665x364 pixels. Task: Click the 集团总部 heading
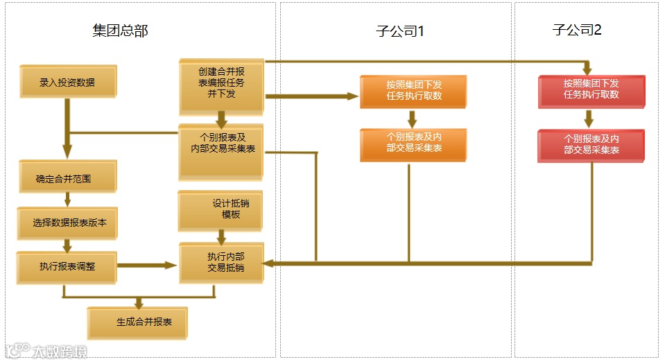[x=120, y=31]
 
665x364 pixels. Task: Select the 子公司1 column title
[x=400, y=31]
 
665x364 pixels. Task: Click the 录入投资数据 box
[x=68, y=83]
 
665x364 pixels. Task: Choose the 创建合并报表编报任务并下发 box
[x=221, y=86]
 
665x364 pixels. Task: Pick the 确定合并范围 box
[x=67, y=179]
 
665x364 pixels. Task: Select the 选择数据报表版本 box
[x=68, y=223]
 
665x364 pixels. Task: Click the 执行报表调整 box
[x=67, y=265]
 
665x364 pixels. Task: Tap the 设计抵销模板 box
[x=221, y=210]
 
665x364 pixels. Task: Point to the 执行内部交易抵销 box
[x=221, y=263]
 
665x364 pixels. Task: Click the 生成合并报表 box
[x=138, y=322]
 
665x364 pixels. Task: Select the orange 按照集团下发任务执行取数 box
[x=414, y=91]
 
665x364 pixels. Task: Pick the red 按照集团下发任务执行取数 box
[x=591, y=90]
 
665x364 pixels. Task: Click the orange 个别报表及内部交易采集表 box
[x=414, y=144]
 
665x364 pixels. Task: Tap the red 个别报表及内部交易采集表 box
[x=591, y=144]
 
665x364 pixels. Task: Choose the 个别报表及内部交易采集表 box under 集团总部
[x=221, y=151]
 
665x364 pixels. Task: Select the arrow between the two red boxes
[x=589, y=118]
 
